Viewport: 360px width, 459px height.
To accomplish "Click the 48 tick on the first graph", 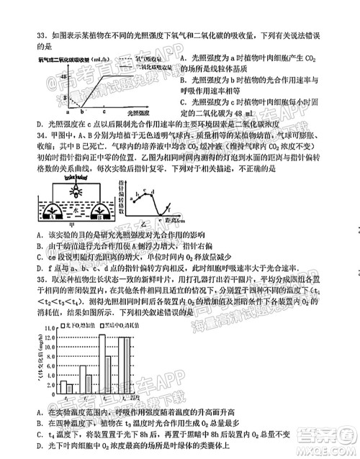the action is pos(63,75).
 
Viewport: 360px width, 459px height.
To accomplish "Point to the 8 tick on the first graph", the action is pos(66,101).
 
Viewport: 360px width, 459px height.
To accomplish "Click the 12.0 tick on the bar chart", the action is pos(51,336).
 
